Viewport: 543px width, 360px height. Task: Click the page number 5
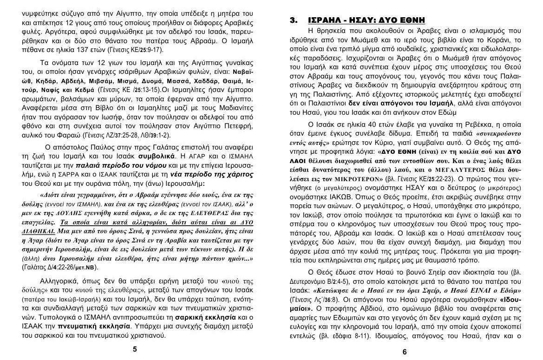(x=135, y=349)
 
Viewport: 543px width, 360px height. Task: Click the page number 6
(x=404, y=352)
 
